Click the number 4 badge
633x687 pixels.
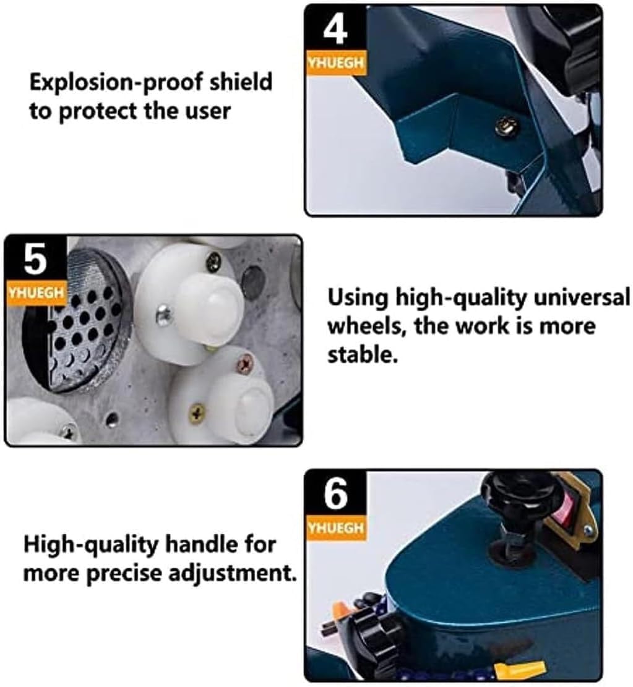(335, 29)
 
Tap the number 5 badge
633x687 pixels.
(34, 260)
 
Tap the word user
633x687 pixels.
(209, 111)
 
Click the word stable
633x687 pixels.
(361, 356)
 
